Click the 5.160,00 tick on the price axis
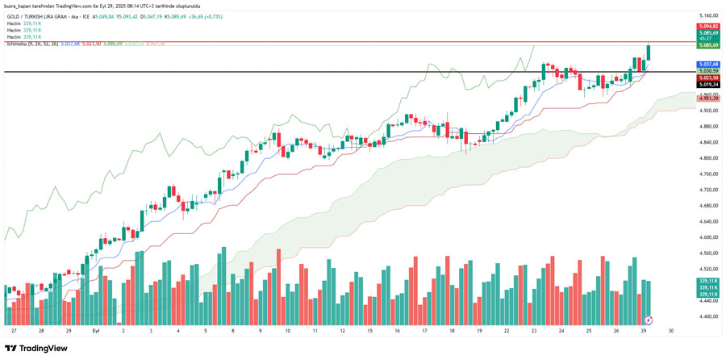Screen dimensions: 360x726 click(709, 15)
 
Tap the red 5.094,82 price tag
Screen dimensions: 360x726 click(709, 27)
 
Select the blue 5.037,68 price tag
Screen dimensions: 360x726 click(709, 64)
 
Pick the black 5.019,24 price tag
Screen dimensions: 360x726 click(709, 84)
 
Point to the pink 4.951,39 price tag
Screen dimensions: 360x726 click(709, 98)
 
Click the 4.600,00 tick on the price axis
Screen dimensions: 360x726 click(709, 237)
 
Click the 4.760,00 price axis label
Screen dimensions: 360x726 click(709, 174)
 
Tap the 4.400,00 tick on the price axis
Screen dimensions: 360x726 click(709, 316)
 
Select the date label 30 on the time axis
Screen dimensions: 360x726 click(671, 330)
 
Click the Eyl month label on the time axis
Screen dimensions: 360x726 click(96, 330)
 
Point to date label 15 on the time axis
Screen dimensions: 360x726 click(369, 330)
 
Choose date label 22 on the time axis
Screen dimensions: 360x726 click(507, 330)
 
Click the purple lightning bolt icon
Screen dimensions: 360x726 click(646, 320)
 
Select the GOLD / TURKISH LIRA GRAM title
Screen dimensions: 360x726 click(39, 16)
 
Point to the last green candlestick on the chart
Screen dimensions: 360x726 click(649, 52)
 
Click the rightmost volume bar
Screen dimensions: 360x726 click(649, 298)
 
